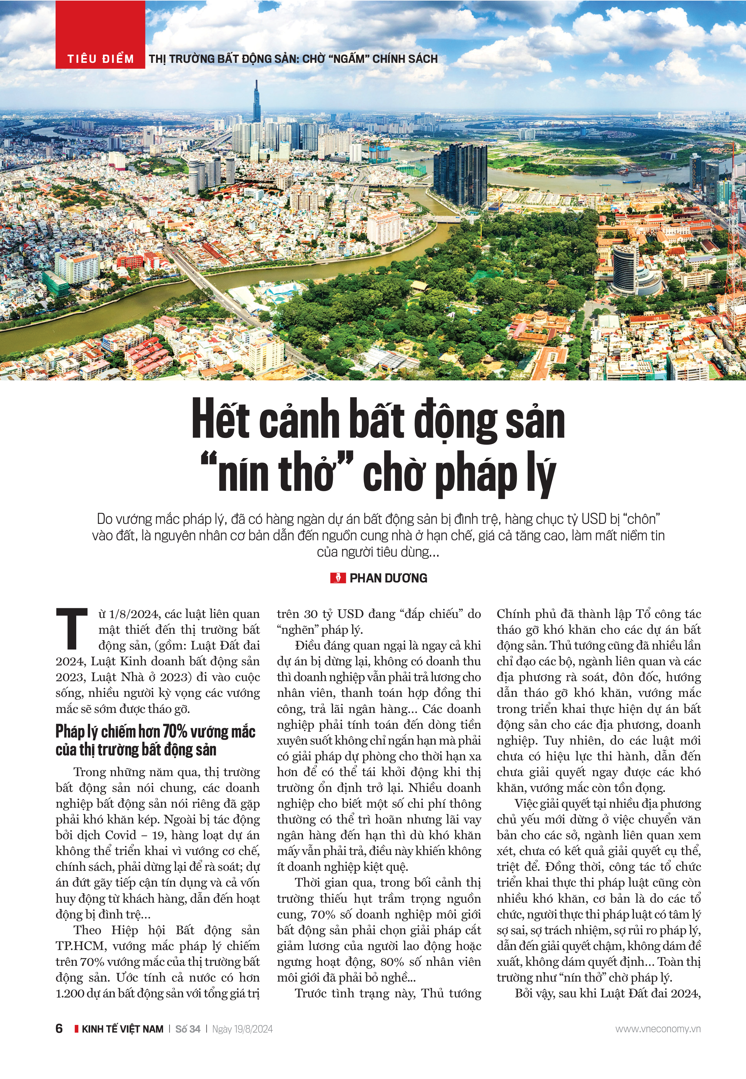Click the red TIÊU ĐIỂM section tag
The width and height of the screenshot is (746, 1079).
pyautogui.click(x=100, y=59)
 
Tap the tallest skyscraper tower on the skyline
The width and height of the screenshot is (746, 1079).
pyautogui.click(x=256, y=103)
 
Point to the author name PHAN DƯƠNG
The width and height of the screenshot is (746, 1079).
pyautogui.click(x=388, y=578)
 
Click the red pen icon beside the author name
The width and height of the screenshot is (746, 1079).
pyautogui.click(x=338, y=578)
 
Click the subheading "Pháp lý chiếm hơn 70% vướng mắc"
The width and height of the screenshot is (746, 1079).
pyautogui.click(x=155, y=731)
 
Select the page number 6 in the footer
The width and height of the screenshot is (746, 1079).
pyautogui.click(x=59, y=1029)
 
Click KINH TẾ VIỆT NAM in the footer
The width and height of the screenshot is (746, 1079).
pyautogui.click(x=122, y=1029)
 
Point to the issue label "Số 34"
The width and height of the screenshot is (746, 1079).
pyautogui.click(x=188, y=1029)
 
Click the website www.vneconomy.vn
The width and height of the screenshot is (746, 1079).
pyautogui.click(x=658, y=1029)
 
